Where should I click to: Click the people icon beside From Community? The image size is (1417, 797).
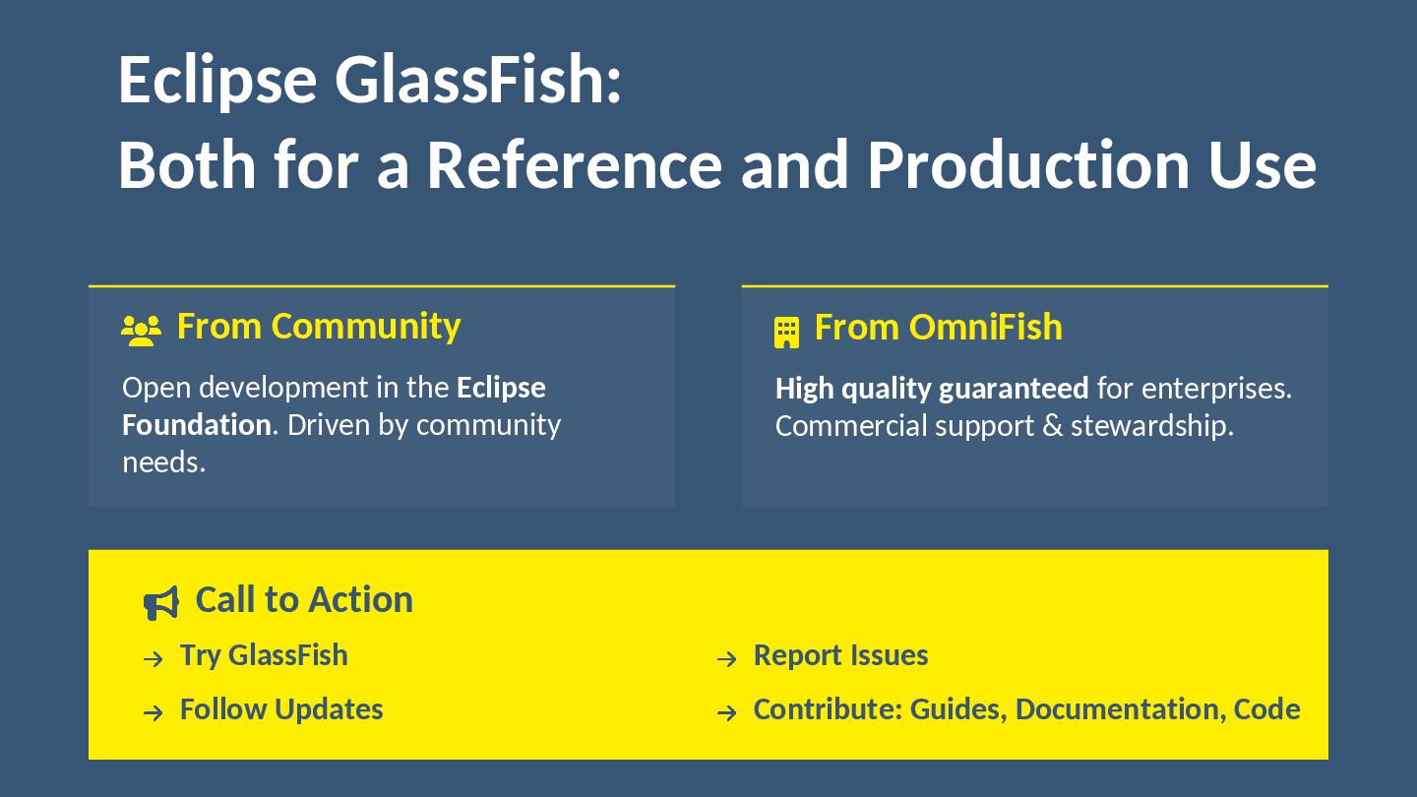coord(141,331)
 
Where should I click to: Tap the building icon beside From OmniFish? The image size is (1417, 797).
coord(786,333)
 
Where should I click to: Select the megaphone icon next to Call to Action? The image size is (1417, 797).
coord(161,602)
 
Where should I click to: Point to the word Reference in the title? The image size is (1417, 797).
coord(574,164)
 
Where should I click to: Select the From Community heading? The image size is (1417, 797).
coord(318,327)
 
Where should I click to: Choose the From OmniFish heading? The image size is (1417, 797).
coord(938,328)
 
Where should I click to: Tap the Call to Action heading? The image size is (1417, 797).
coord(304,599)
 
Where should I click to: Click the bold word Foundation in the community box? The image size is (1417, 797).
coord(197,425)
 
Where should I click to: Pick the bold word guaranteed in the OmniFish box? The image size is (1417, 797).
coord(1014,389)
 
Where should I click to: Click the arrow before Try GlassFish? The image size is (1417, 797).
coord(153,659)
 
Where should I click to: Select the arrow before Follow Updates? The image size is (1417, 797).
coord(153,713)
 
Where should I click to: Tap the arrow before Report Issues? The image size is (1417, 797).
coord(726,659)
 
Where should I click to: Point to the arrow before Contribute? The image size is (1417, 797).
coord(726,713)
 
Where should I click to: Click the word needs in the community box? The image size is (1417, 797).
coord(163,462)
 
